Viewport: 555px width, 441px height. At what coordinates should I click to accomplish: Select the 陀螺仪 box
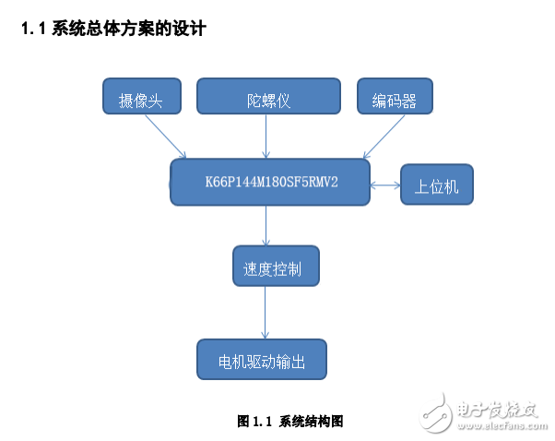[267, 98]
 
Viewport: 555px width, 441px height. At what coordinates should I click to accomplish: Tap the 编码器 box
[395, 98]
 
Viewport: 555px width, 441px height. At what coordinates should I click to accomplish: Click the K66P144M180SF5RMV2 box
[269, 182]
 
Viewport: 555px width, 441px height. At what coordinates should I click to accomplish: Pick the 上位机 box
[436, 185]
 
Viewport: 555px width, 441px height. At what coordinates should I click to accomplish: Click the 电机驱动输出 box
[263, 359]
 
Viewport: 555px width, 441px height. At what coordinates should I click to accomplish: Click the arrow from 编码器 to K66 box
[383, 137]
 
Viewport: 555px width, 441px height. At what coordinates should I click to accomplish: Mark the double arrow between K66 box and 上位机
[384, 185]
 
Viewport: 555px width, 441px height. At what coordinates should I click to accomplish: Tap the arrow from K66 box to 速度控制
[267, 226]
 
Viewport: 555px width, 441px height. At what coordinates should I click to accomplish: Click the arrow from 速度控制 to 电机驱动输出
[266, 314]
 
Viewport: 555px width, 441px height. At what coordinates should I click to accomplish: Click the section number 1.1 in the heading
[34, 30]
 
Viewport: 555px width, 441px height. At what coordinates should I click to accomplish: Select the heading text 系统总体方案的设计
[127, 30]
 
